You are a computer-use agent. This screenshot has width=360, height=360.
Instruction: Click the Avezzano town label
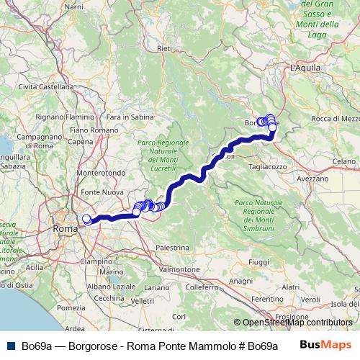point(312,177)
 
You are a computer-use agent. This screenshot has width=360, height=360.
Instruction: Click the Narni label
point(74,6)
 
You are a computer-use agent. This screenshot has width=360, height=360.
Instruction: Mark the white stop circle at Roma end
point(86,219)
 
